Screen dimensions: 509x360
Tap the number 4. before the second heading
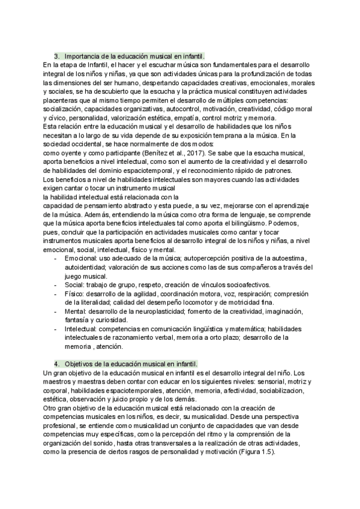click(56, 364)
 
